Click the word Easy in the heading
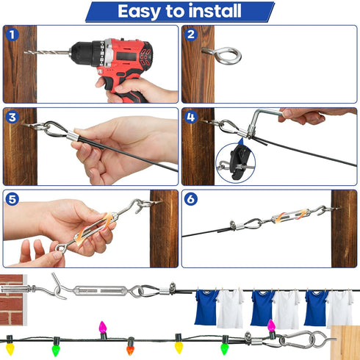point(139,11)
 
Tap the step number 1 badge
point(12,35)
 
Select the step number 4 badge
point(190,117)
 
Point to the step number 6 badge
point(190,199)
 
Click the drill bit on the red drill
point(46,52)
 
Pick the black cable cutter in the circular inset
point(240,162)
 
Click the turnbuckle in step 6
point(291,215)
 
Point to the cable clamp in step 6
point(232,226)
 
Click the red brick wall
point(12,300)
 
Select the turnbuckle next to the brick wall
point(100,291)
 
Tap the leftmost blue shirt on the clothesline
point(206,307)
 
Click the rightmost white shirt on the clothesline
point(340,309)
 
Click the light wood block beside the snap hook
point(345,343)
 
